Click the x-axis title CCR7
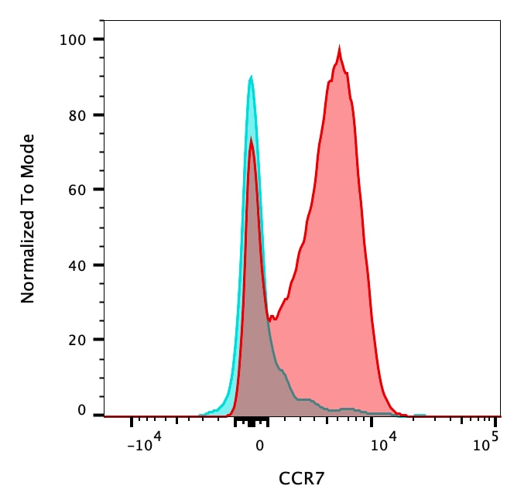301,479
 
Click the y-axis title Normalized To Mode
28,218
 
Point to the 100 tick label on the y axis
75,39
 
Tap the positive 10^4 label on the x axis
383,443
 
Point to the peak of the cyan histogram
251,77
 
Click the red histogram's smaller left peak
251,139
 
